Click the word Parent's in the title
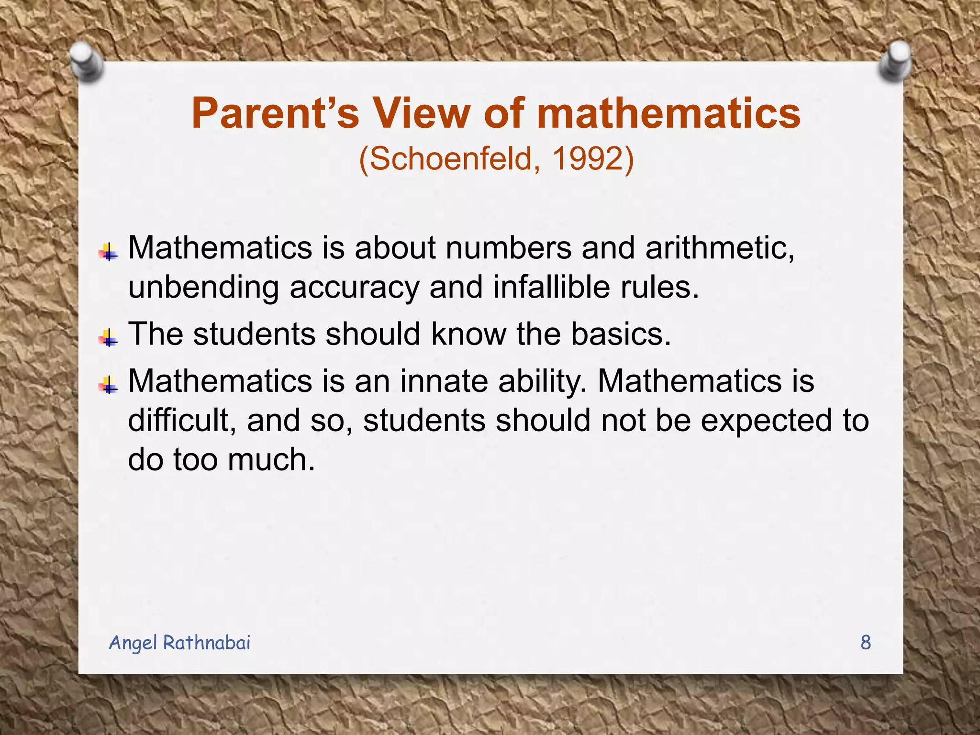[x=275, y=114]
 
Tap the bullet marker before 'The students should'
[x=109, y=338]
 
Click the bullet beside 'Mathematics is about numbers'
[x=109, y=252]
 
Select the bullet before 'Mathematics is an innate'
[x=109, y=385]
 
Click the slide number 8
[x=866, y=642]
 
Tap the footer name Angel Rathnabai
[x=180, y=642]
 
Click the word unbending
[x=203, y=287]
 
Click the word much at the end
[x=271, y=459]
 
